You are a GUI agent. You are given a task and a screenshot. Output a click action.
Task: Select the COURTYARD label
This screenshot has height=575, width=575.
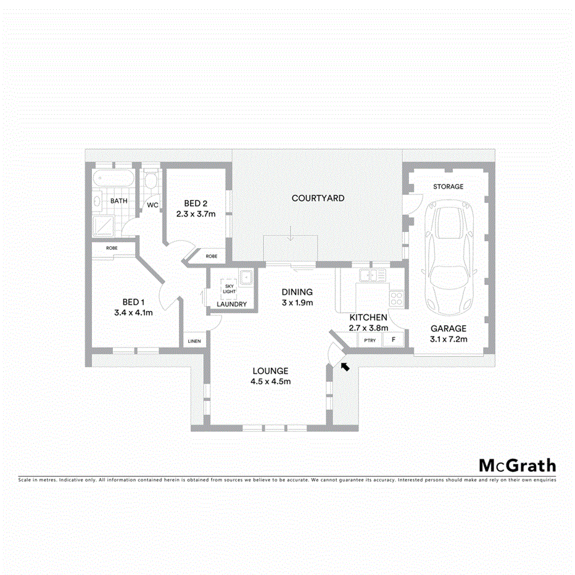point(318,198)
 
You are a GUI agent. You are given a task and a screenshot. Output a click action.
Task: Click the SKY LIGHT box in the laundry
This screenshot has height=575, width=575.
point(229,289)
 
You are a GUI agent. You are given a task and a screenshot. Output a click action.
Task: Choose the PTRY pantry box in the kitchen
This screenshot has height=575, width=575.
point(370,340)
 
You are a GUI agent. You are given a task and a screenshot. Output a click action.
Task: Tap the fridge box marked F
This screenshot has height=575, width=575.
point(394,340)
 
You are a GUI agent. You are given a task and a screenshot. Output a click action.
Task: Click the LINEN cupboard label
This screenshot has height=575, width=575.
point(194,341)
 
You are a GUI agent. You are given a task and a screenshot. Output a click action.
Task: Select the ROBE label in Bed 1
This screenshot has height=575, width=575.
point(112,248)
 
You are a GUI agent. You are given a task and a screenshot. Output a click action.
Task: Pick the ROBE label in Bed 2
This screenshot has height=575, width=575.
point(212,256)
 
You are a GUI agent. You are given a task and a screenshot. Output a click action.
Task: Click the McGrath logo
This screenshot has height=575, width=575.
point(517,465)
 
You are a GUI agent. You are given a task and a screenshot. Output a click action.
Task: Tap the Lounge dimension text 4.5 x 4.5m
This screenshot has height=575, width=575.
point(270,381)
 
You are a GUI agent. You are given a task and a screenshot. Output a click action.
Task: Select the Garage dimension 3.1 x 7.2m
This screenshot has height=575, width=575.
point(449,339)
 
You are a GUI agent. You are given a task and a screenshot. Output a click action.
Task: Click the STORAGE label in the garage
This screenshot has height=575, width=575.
point(448,186)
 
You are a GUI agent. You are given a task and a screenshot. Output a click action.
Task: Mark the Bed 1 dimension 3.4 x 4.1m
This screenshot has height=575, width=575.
point(133,312)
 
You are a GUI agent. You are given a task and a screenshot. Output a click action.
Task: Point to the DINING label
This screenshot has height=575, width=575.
point(297,292)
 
